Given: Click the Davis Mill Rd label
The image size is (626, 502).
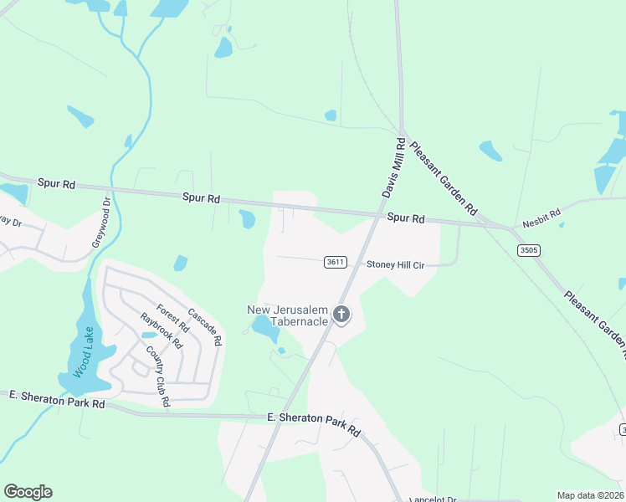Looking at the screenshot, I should [x=394, y=169].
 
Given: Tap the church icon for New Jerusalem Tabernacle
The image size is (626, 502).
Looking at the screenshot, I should [x=341, y=315].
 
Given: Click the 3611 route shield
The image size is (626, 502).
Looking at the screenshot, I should [x=335, y=262].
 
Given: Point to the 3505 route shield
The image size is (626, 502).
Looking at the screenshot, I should [x=528, y=250].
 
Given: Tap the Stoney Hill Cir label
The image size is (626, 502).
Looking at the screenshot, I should [x=396, y=264].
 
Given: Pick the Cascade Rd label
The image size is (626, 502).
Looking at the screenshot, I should [x=204, y=327].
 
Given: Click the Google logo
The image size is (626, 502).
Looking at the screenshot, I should [x=28, y=492].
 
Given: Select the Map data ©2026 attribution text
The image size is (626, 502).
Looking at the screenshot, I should [x=590, y=495].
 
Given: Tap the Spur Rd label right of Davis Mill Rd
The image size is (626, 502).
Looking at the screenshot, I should [x=406, y=218].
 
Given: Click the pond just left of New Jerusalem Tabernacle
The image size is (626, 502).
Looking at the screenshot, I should [x=264, y=329].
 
